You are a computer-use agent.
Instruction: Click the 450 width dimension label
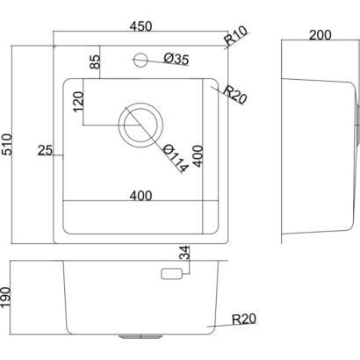pyautogui.click(x=140, y=26)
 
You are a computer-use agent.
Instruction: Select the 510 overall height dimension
pyautogui.click(x=6, y=144)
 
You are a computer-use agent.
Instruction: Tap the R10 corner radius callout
pyautogui.click(x=236, y=36)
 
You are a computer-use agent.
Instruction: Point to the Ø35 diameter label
pyautogui.click(x=176, y=59)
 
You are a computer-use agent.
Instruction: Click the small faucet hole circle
pyautogui.click(x=140, y=60)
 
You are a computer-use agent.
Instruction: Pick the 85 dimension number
pyautogui.click(x=95, y=62)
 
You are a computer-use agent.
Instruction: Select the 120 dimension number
pyautogui.click(x=78, y=102)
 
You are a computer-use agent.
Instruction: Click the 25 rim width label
pyautogui.click(x=45, y=151)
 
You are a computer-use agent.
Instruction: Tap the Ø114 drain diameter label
pyautogui.click(x=175, y=158)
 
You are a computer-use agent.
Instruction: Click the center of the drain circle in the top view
pyautogui.click(x=140, y=126)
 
